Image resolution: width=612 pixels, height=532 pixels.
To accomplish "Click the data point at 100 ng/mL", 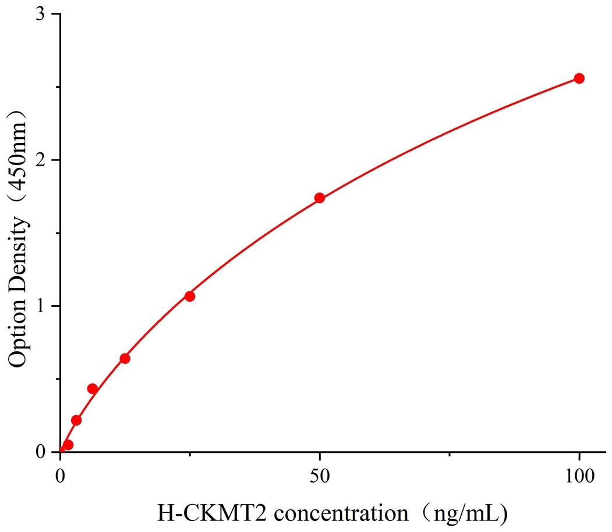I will pyautogui.click(x=579, y=78).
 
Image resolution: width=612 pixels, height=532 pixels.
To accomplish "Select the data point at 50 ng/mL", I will pyautogui.click(x=320, y=198).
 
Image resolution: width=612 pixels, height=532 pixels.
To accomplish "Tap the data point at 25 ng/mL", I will pyautogui.click(x=190, y=296).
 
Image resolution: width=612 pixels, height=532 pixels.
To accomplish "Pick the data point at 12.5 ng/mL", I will pyautogui.click(x=125, y=358).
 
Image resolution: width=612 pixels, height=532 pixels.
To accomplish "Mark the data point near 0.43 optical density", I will pyautogui.click(x=92, y=388).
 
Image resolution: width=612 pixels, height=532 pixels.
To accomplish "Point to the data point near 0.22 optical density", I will pyautogui.click(x=76, y=420).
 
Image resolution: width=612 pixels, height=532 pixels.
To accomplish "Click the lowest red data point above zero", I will pyautogui.click(x=68, y=445).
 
